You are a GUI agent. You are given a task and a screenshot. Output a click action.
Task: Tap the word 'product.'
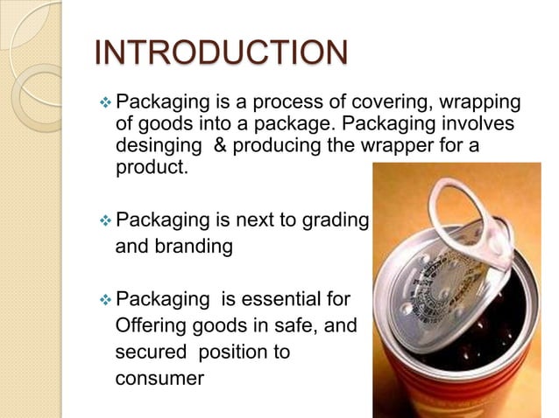click(x=152, y=167)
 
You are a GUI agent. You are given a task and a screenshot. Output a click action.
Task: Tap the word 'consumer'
click(x=159, y=379)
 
